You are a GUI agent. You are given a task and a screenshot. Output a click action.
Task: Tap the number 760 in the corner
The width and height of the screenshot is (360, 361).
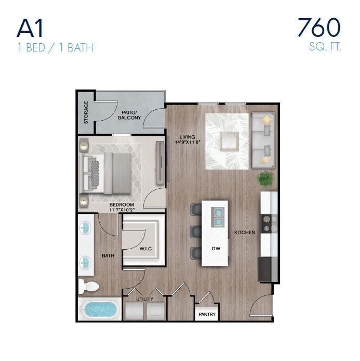pyautogui.click(x=318, y=27)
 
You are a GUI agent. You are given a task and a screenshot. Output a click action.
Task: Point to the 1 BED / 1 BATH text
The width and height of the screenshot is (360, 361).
pyautogui.click(x=55, y=48)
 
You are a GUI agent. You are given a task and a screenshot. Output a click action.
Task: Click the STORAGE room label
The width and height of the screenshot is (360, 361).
pyautogui.click(x=86, y=112)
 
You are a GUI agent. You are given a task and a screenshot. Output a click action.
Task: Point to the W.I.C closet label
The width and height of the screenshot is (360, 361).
pyautogui.click(x=145, y=249)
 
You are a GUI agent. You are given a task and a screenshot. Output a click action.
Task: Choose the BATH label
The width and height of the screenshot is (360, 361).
pyautogui.click(x=108, y=255)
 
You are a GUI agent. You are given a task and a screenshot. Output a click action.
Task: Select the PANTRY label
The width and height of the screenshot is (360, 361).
pyautogui.click(x=207, y=315)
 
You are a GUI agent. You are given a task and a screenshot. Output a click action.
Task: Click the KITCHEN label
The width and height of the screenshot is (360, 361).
pyautogui.click(x=244, y=232)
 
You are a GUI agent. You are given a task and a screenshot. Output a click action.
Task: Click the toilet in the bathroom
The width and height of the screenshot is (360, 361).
pyautogui.click(x=88, y=286)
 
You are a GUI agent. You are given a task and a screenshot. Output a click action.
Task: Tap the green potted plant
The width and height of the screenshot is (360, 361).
pyautogui.click(x=264, y=178)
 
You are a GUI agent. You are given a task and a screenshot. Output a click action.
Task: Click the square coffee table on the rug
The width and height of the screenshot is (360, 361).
pyautogui.click(x=228, y=140)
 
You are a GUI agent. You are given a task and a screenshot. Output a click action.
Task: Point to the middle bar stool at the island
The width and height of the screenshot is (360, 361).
pyautogui.click(x=196, y=231)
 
